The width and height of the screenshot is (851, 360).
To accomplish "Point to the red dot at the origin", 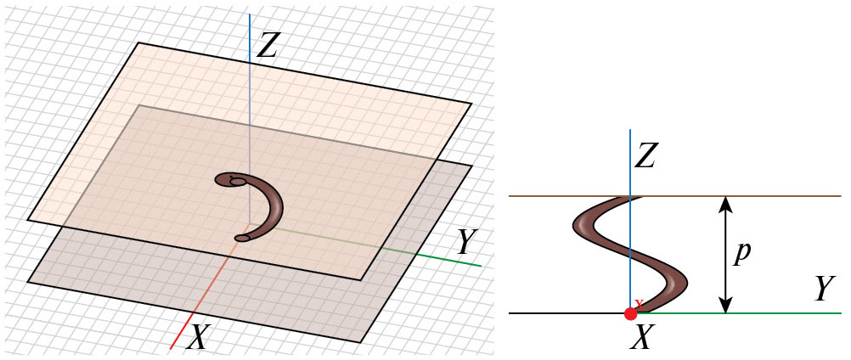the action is click(x=630, y=313).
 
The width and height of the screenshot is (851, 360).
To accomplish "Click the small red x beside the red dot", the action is click(x=639, y=303).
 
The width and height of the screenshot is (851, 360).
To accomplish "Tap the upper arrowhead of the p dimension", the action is click(x=726, y=202).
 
